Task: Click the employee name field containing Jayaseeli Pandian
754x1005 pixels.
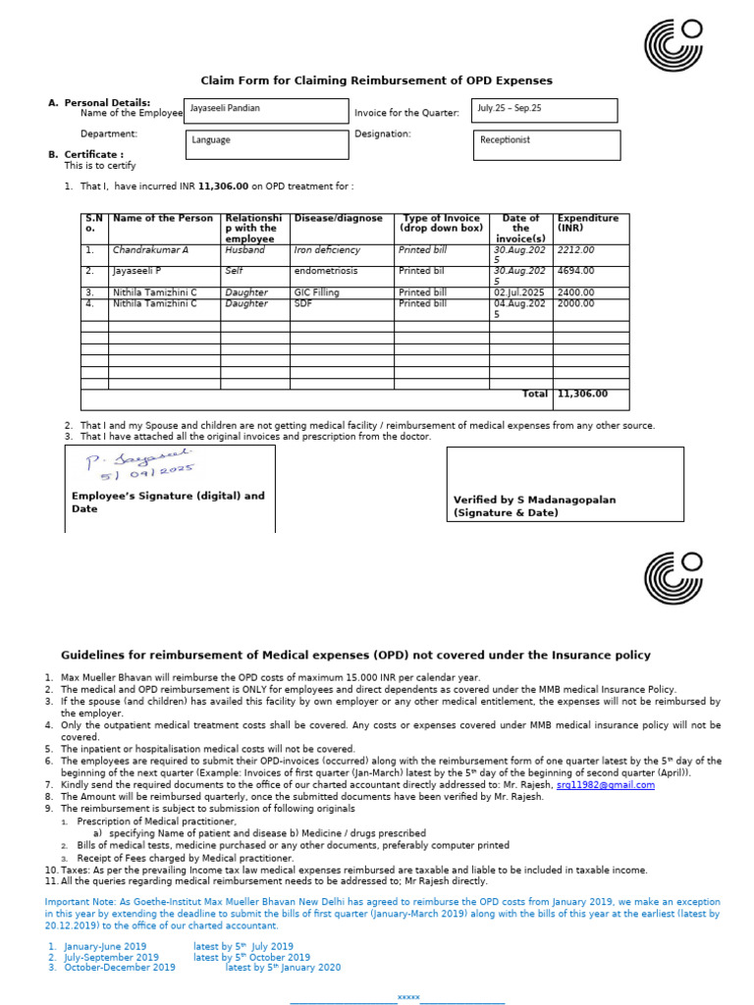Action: click(266, 111)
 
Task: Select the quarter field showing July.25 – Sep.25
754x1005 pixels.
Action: click(544, 110)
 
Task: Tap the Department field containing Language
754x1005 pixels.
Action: click(266, 143)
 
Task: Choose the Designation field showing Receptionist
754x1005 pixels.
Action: click(546, 143)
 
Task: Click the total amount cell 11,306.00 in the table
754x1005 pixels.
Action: click(582, 394)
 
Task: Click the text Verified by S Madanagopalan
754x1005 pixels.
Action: click(534, 500)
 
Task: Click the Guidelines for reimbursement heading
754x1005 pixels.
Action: click(355, 655)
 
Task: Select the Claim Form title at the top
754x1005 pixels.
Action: click(377, 80)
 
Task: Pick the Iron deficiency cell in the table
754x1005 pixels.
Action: click(327, 250)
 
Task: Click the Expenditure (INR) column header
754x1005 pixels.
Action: click(587, 223)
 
